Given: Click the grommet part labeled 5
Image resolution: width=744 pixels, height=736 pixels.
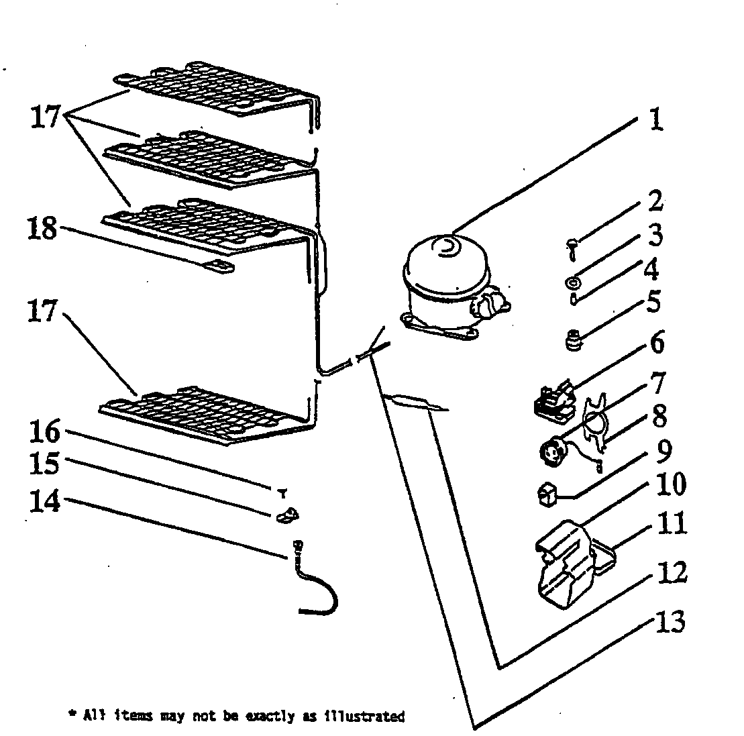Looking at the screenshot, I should [574, 344].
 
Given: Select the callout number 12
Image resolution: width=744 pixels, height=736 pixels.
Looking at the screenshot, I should [671, 572].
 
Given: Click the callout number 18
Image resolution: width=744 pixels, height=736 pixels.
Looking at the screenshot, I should [43, 229].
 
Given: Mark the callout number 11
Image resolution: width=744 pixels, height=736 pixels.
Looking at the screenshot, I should [672, 523].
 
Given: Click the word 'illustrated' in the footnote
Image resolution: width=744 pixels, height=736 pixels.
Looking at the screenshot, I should [372, 717].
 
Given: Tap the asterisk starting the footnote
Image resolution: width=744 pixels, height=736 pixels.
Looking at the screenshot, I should [72, 715].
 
